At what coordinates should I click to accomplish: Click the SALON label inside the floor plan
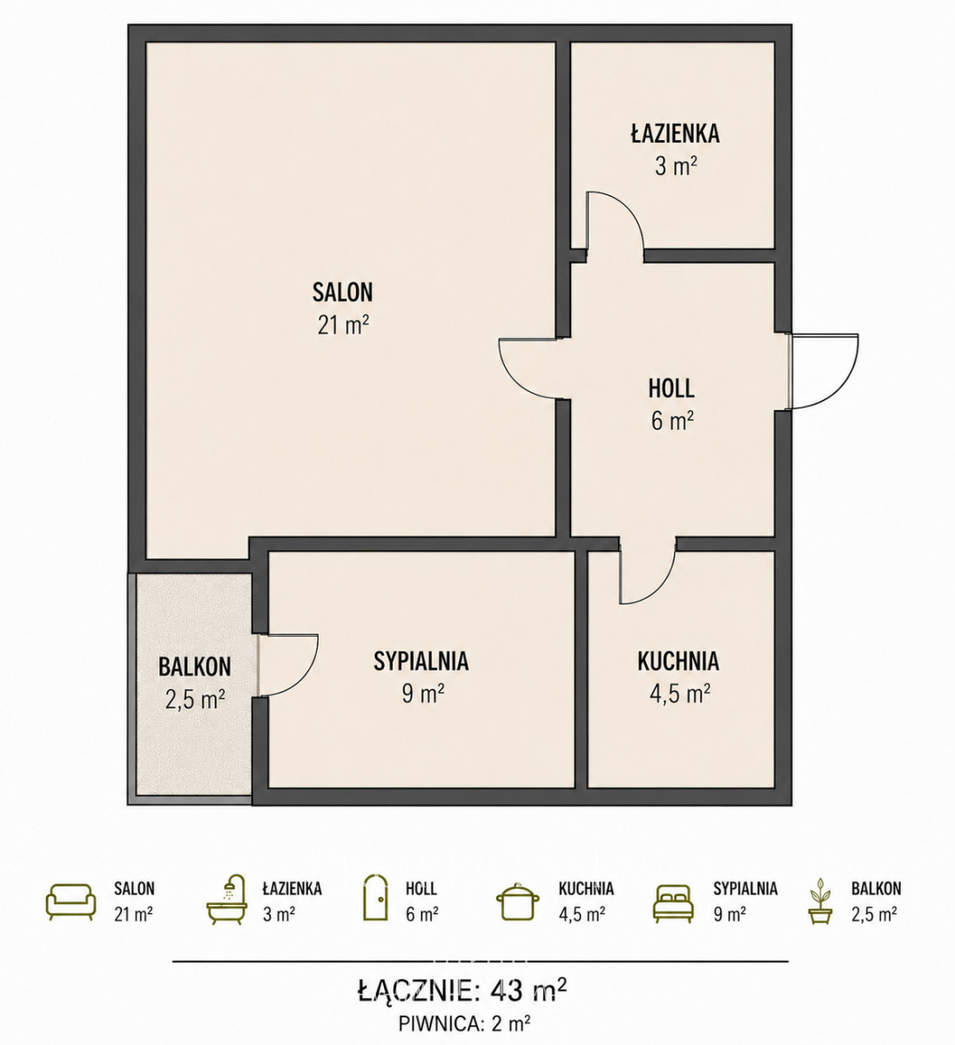click(342, 292)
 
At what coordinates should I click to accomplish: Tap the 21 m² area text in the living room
click(343, 326)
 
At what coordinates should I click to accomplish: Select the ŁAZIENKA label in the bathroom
click(676, 132)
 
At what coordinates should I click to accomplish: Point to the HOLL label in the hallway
click(671, 388)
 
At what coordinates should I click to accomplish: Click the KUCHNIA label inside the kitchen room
click(678, 661)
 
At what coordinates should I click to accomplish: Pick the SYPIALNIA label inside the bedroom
click(421, 661)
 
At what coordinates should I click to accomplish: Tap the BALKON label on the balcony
click(194, 667)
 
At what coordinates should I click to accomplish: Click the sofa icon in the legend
click(71, 901)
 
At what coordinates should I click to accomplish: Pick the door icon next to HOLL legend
click(376, 898)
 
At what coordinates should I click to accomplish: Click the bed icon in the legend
click(673, 904)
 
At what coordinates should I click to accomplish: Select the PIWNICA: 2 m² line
click(465, 1023)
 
